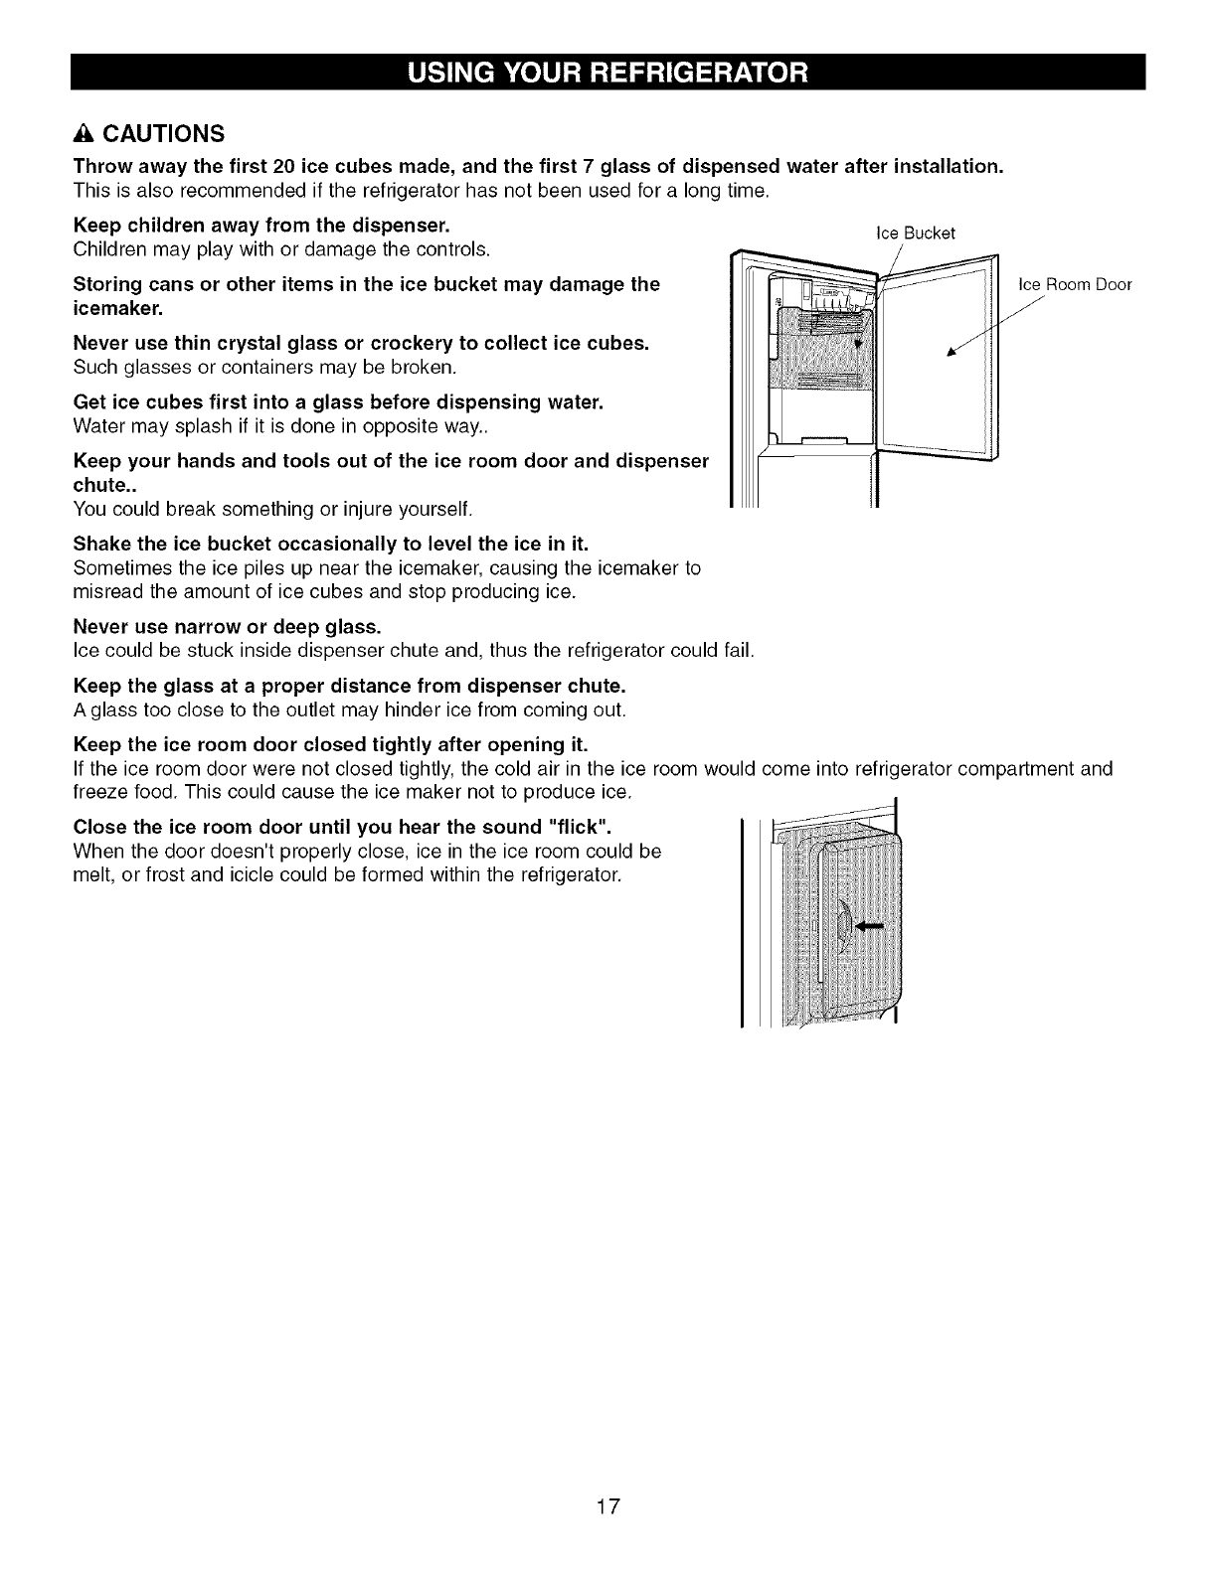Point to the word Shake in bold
click(x=99, y=545)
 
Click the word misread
click(x=108, y=592)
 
